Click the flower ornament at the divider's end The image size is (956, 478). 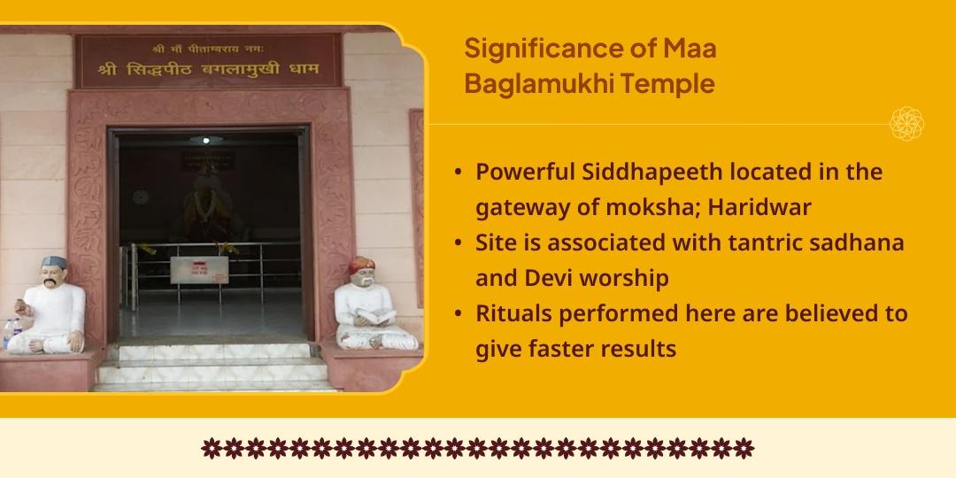[x=906, y=124]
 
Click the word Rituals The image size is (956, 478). [x=515, y=313]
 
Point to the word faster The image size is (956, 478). [x=562, y=349]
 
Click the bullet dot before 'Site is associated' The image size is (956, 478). [x=457, y=243]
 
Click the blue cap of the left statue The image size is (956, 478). [x=58, y=263]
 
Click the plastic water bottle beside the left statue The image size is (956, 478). [x=10, y=333]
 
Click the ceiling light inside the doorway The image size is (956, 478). [x=205, y=139]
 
